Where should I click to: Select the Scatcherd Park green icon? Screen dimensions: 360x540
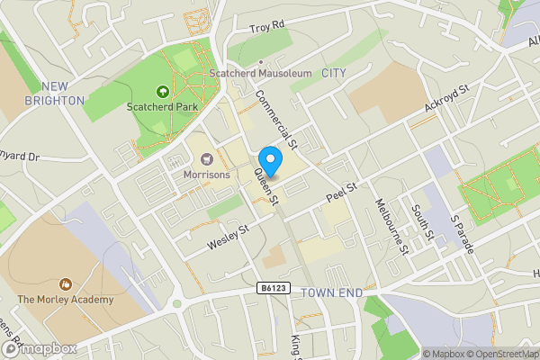(163, 91)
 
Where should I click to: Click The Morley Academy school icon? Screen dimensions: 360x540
(65, 283)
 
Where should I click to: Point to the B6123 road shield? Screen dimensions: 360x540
(277, 288)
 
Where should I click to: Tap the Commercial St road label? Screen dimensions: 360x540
(275, 118)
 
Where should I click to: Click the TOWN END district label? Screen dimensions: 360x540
(331, 293)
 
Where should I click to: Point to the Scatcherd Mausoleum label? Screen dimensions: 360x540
(259, 73)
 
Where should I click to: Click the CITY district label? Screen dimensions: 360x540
(333, 72)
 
